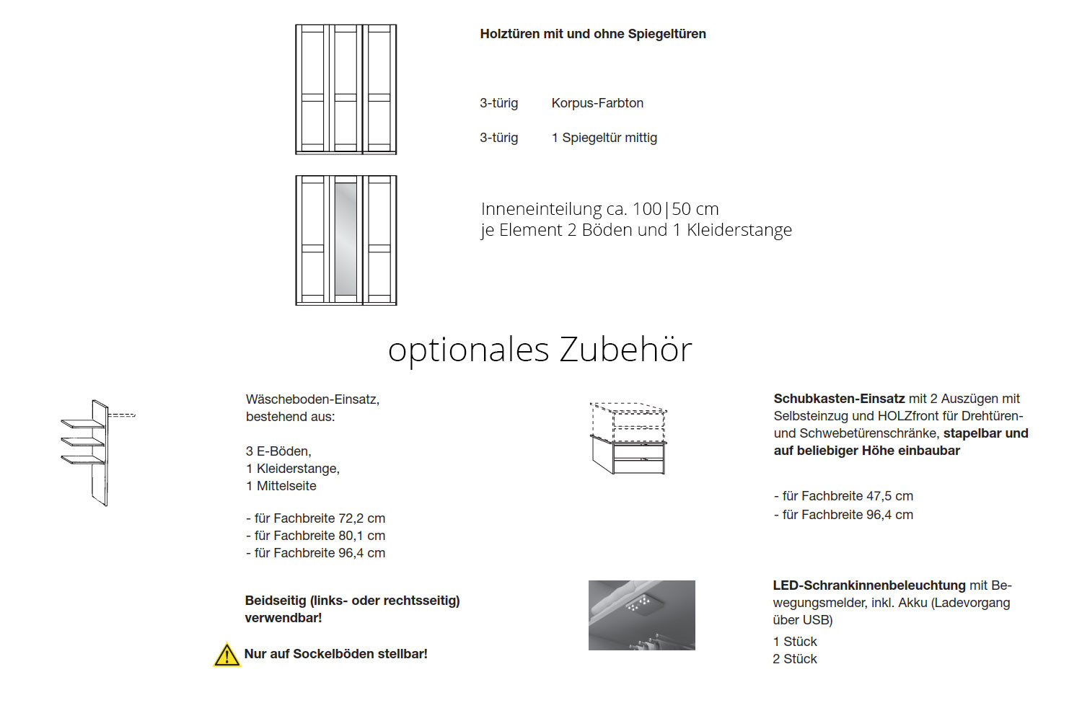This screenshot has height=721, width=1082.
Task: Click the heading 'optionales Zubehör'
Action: click(540, 350)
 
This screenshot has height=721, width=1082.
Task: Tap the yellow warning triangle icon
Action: click(226, 655)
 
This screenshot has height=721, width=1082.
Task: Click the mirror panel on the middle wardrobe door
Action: click(346, 239)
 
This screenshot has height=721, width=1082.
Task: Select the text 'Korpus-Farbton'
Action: click(597, 103)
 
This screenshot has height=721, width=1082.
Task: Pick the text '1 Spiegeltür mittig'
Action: click(604, 138)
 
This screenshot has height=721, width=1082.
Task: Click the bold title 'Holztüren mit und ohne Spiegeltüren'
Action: click(592, 34)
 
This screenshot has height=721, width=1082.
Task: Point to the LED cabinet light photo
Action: click(641, 615)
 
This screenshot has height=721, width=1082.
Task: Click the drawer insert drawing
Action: click(628, 438)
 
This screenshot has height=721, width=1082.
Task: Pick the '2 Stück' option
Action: click(795, 659)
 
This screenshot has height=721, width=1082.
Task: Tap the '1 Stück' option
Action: click(795, 642)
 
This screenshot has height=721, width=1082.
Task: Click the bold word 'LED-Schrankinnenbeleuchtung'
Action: click(868, 585)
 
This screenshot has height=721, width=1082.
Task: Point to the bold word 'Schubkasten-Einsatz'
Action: click(839, 399)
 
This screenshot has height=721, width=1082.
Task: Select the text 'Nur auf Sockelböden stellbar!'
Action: click(335, 654)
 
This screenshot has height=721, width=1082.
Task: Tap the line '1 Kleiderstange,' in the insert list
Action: click(292, 469)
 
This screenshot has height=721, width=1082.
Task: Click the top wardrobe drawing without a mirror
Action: click(346, 89)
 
